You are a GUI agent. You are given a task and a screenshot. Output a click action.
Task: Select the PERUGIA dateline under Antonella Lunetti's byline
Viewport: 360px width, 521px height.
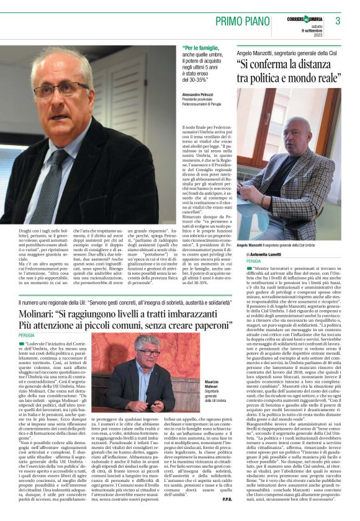(248, 262)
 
